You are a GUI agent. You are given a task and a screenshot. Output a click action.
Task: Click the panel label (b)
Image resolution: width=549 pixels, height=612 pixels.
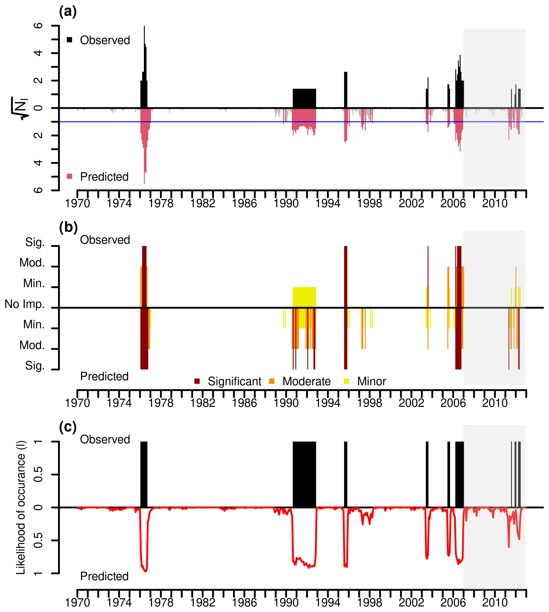[x=68, y=227]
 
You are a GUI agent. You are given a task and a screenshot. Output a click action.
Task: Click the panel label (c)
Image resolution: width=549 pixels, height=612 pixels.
[x=68, y=427]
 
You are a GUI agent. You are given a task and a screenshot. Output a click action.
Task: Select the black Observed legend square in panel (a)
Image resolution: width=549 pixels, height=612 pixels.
[x=70, y=40]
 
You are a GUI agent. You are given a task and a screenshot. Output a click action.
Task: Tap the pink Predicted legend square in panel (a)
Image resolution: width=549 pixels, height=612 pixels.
[x=70, y=177]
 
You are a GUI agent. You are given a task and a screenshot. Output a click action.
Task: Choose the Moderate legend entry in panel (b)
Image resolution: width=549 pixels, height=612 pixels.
[x=300, y=381]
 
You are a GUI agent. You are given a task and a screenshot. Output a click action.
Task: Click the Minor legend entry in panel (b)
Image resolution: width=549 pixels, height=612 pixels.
[x=365, y=381]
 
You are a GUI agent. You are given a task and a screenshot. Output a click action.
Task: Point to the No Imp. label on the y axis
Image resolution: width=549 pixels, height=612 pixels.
[x=25, y=304]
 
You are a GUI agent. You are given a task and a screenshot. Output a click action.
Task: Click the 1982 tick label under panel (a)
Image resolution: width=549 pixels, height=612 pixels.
[x=203, y=204]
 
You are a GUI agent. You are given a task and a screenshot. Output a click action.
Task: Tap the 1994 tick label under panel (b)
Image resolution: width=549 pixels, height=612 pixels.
[x=327, y=403]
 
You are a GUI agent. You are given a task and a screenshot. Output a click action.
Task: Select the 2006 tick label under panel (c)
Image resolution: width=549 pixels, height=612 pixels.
[x=453, y=603]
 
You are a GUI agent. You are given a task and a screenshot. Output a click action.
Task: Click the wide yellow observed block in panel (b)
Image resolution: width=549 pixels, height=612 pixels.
[x=304, y=297]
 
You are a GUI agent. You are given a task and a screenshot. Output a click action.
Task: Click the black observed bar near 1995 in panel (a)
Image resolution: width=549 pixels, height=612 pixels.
[x=346, y=90]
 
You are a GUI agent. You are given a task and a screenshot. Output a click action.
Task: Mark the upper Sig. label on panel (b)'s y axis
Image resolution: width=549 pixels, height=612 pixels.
[x=35, y=242]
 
